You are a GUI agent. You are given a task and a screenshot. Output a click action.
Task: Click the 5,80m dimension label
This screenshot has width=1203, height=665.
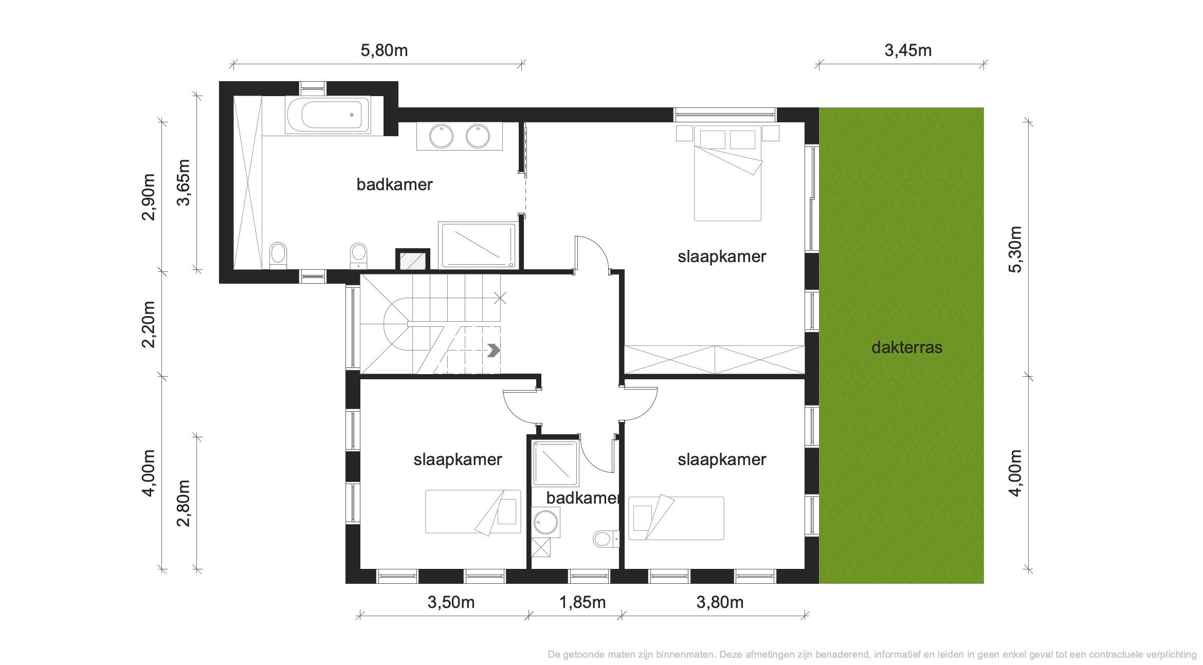[384, 50]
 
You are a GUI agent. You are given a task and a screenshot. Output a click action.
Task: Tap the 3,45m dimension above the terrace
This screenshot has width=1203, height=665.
[908, 50]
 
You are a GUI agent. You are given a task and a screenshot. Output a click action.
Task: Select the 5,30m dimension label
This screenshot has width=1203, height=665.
[1015, 249]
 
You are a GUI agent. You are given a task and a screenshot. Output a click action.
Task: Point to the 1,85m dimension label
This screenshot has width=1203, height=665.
[582, 602]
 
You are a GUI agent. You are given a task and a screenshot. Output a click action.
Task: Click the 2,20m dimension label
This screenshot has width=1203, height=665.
[148, 324]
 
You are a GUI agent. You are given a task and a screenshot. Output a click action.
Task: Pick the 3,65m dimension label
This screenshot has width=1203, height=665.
[184, 182]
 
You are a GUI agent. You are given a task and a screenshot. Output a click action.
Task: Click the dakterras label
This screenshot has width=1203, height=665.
[907, 347]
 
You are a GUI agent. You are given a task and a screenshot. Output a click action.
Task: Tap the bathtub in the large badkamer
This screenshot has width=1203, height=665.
[328, 115]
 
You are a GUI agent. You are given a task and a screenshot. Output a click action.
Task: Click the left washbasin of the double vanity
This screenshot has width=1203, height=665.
[441, 137]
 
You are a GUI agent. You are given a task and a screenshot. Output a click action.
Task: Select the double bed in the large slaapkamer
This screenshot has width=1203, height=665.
[727, 173]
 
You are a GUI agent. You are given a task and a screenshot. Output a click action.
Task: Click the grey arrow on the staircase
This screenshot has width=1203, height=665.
[494, 350]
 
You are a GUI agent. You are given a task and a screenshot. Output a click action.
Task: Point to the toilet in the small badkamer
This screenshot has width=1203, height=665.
[606, 539]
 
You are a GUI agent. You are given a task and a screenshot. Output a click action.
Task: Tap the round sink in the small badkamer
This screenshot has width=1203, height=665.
[545, 523]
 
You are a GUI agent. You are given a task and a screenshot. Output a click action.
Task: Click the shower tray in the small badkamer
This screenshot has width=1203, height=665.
[555, 463]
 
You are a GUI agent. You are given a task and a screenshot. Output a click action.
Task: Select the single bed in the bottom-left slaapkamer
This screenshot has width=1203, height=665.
[473, 512]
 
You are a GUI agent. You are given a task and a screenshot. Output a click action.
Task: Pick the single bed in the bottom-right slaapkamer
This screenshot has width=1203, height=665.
[676, 518]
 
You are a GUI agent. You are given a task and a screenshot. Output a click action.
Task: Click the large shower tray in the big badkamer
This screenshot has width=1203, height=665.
[477, 245]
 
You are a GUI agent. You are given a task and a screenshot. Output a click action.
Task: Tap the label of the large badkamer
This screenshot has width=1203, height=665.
[394, 184]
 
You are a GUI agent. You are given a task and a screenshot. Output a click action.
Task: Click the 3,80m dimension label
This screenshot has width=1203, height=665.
[720, 602]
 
